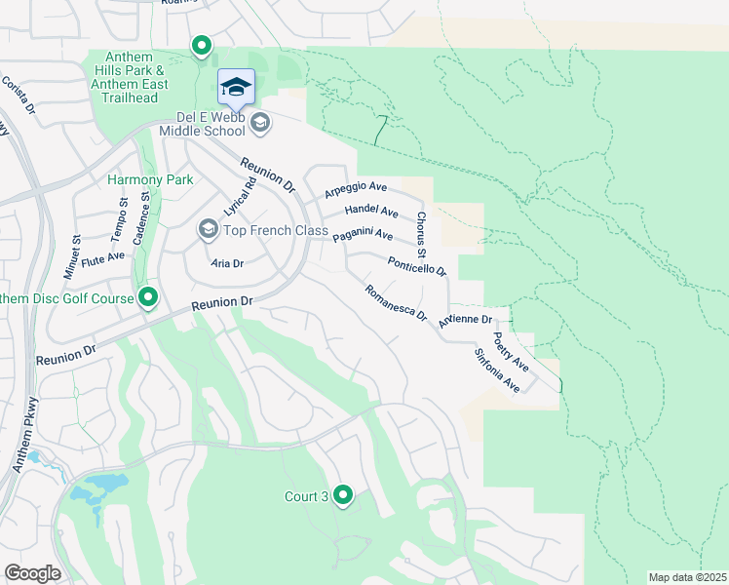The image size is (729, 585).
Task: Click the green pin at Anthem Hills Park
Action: (x=202, y=46)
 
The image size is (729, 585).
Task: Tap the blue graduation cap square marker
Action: (x=236, y=88)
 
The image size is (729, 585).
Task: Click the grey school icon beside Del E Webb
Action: (x=260, y=123)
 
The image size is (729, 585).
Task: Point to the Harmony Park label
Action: (x=150, y=179)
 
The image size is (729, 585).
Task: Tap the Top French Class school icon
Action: (x=208, y=229)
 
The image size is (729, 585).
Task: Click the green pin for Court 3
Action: (x=343, y=496)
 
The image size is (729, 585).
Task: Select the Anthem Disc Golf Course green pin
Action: (x=148, y=296)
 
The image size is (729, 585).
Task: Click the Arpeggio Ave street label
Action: (x=356, y=187)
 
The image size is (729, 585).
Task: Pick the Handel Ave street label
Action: (x=371, y=212)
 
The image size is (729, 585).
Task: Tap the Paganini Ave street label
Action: (x=363, y=236)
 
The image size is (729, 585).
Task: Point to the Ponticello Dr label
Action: (x=416, y=265)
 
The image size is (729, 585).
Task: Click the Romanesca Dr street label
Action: (x=396, y=303)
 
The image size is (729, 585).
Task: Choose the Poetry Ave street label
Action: (x=510, y=351)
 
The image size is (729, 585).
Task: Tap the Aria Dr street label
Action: (x=227, y=263)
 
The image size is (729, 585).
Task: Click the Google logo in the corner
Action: (x=33, y=573)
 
